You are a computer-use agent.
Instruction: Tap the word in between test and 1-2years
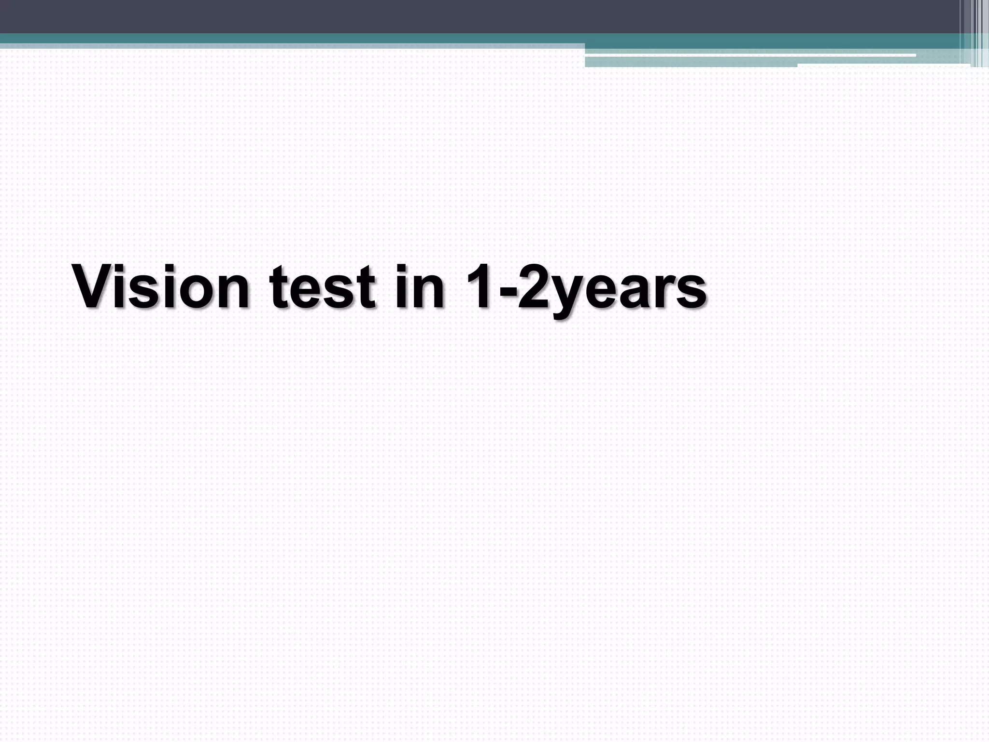coord(420,287)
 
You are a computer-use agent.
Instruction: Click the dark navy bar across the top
coord(435,16)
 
